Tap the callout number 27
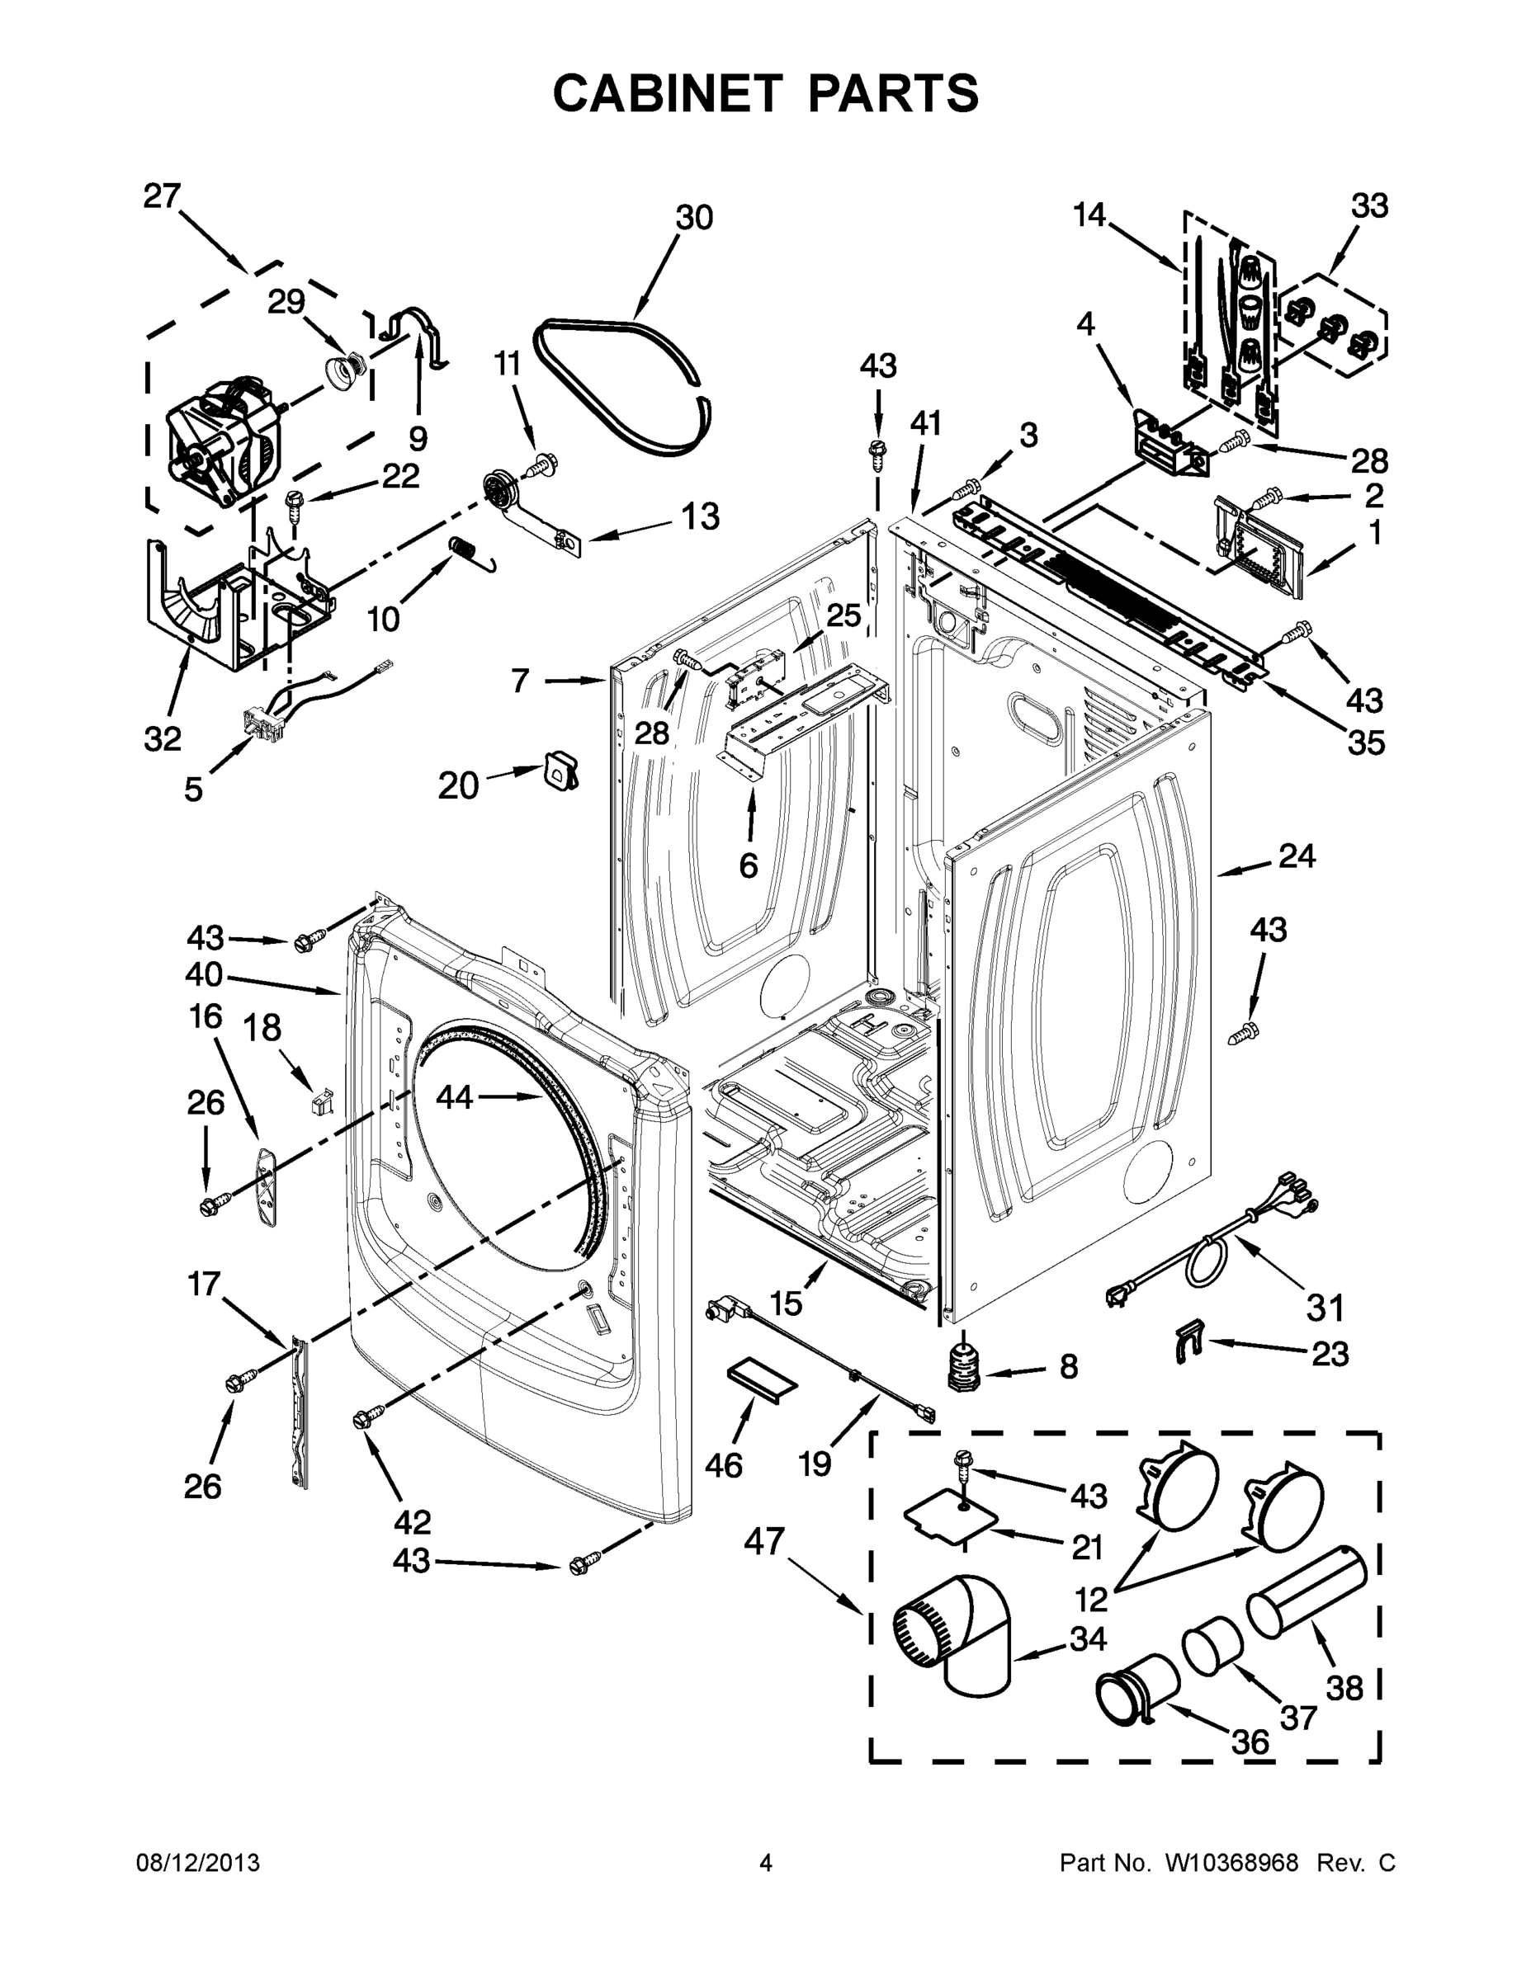pyautogui.click(x=163, y=196)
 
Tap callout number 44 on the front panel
pyautogui.click(x=455, y=1097)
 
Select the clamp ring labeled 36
pyautogui.click(x=1134, y=1688)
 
